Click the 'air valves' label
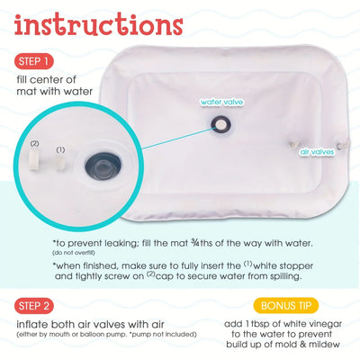coord(318,152)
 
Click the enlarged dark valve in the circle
coord(97,164)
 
